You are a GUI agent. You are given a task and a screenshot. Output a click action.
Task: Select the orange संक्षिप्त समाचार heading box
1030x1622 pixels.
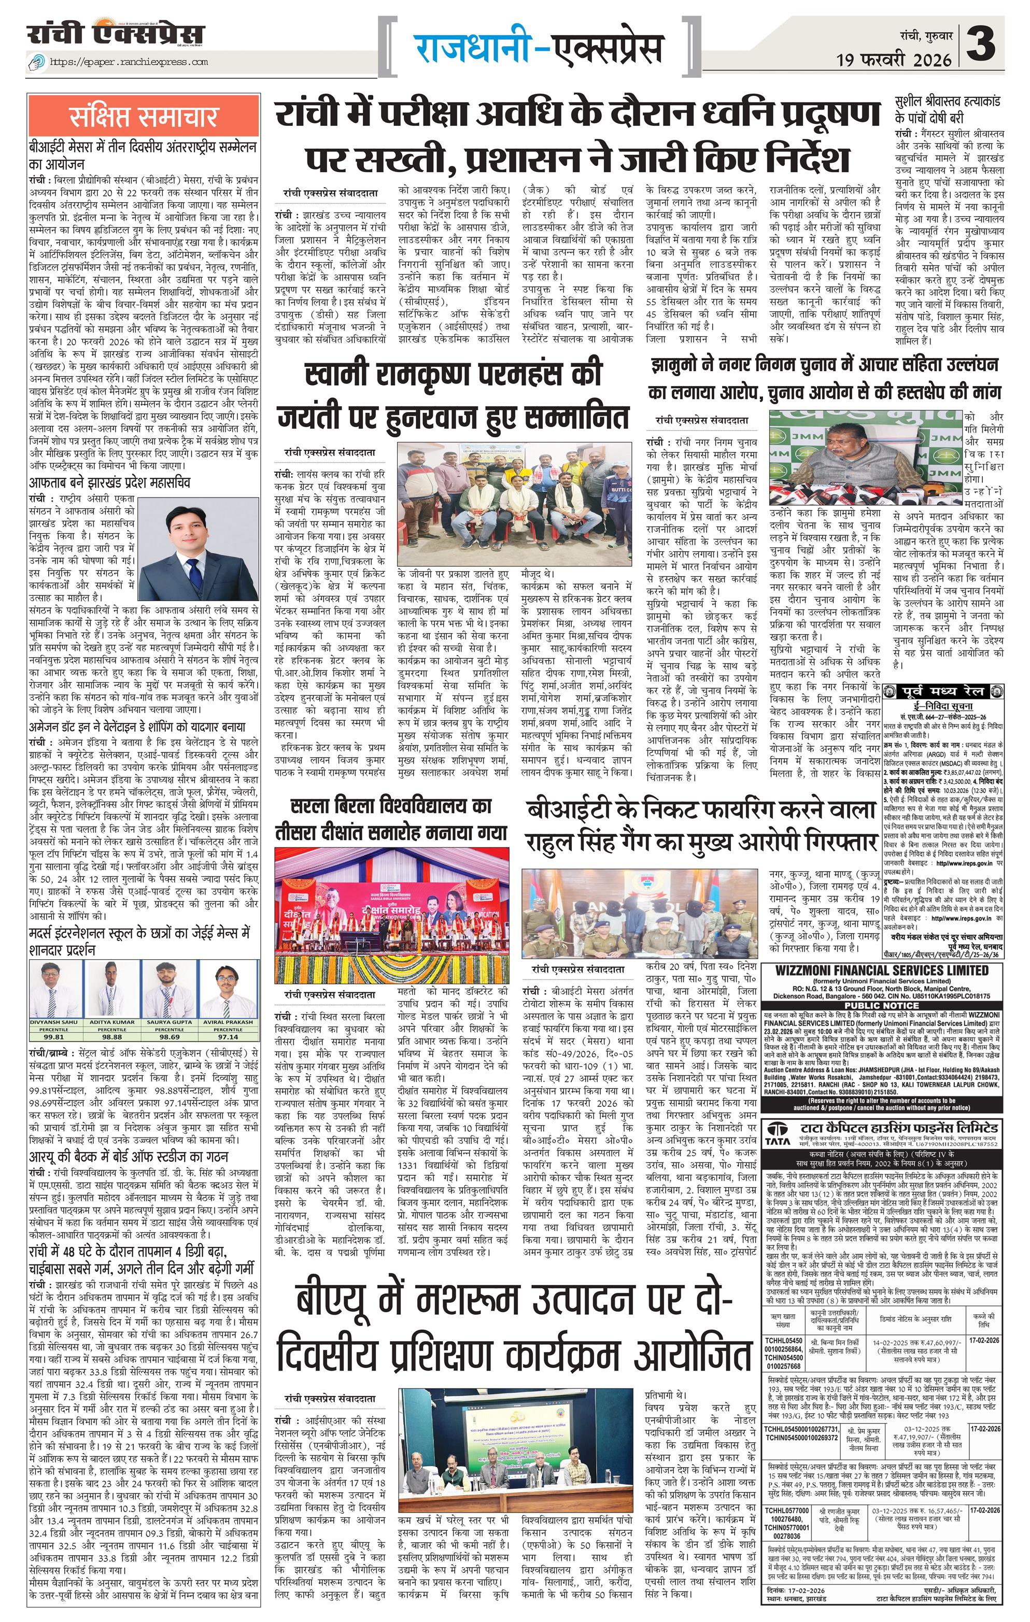[143, 117]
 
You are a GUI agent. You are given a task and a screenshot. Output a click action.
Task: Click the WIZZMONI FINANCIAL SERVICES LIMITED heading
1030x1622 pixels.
[882, 970]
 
